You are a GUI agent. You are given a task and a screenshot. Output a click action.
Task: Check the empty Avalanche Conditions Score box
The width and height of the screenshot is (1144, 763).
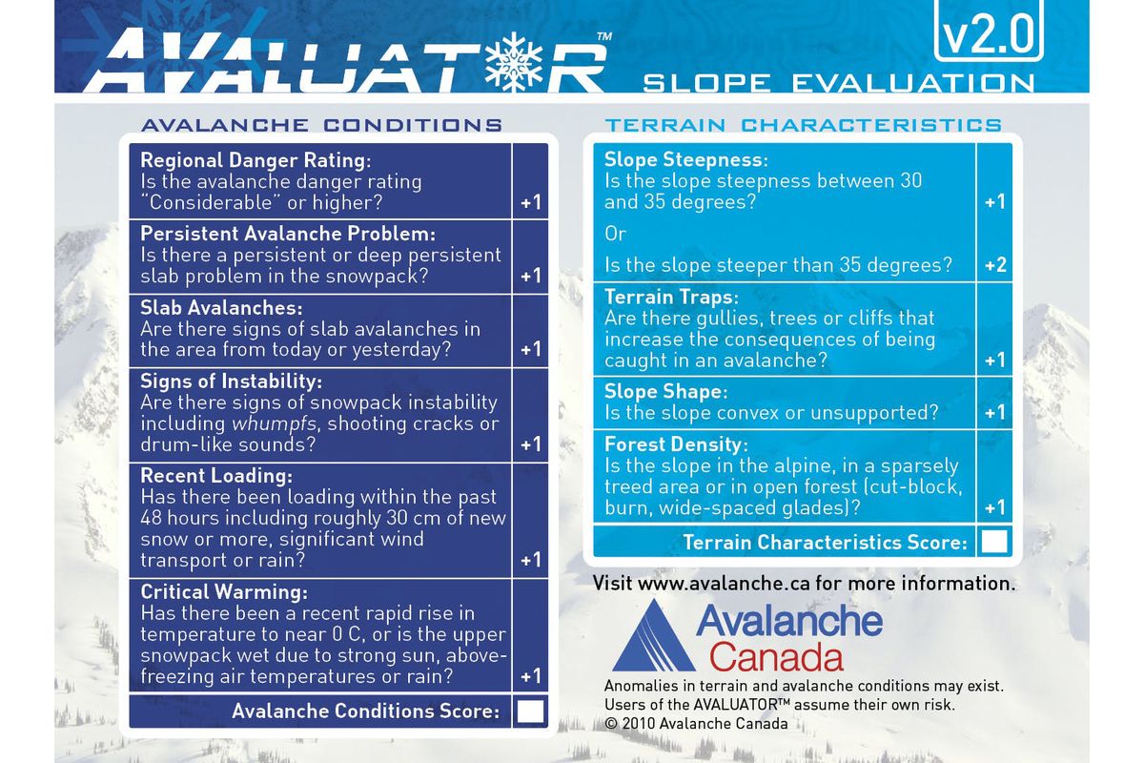pyautogui.click(x=530, y=711)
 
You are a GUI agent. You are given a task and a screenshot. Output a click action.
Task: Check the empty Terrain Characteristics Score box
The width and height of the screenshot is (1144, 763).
pyautogui.click(x=994, y=542)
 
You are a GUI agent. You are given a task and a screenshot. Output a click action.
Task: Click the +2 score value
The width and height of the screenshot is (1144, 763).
pyautogui.click(x=994, y=265)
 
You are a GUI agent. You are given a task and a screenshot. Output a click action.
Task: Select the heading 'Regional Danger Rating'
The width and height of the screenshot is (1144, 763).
pyautogui.click(x=255, y=159)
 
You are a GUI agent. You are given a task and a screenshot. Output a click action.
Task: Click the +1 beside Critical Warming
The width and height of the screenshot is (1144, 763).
pyautogui.click(x=531, y=676)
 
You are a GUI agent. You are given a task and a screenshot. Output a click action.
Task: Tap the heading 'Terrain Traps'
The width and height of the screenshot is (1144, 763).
pyautogui.click(x=671, y=297)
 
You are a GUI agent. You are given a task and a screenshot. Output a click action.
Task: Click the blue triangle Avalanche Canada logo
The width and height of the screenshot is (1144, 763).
pyautogui.click(x=653, y=636)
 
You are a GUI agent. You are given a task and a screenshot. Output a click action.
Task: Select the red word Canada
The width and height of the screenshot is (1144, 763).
pyautogui.click(x=776, y=657)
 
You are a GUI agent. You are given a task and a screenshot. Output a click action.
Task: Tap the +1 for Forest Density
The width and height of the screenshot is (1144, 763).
pyautogui.click(x=994, y=507)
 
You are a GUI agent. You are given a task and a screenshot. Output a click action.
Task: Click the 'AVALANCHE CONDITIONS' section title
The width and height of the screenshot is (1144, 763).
pyautogui.click(x=321, y=125)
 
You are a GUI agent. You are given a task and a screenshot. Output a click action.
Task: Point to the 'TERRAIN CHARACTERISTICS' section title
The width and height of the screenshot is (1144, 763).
pyautogui.click(x=804, y=125)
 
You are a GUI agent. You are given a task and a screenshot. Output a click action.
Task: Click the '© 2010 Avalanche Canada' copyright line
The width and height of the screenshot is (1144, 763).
pyautogui.click(x=696, y=724)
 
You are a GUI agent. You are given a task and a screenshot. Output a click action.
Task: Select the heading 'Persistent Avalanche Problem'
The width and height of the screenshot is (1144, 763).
pyautogui.click(x=288, y=234)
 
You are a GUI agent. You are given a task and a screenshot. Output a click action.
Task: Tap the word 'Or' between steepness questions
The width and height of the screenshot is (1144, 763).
pyautogui.click(x=616, y=234)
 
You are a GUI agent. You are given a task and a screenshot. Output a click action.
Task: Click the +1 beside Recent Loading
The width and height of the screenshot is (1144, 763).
pyautogui.click(x=531, y=560)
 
